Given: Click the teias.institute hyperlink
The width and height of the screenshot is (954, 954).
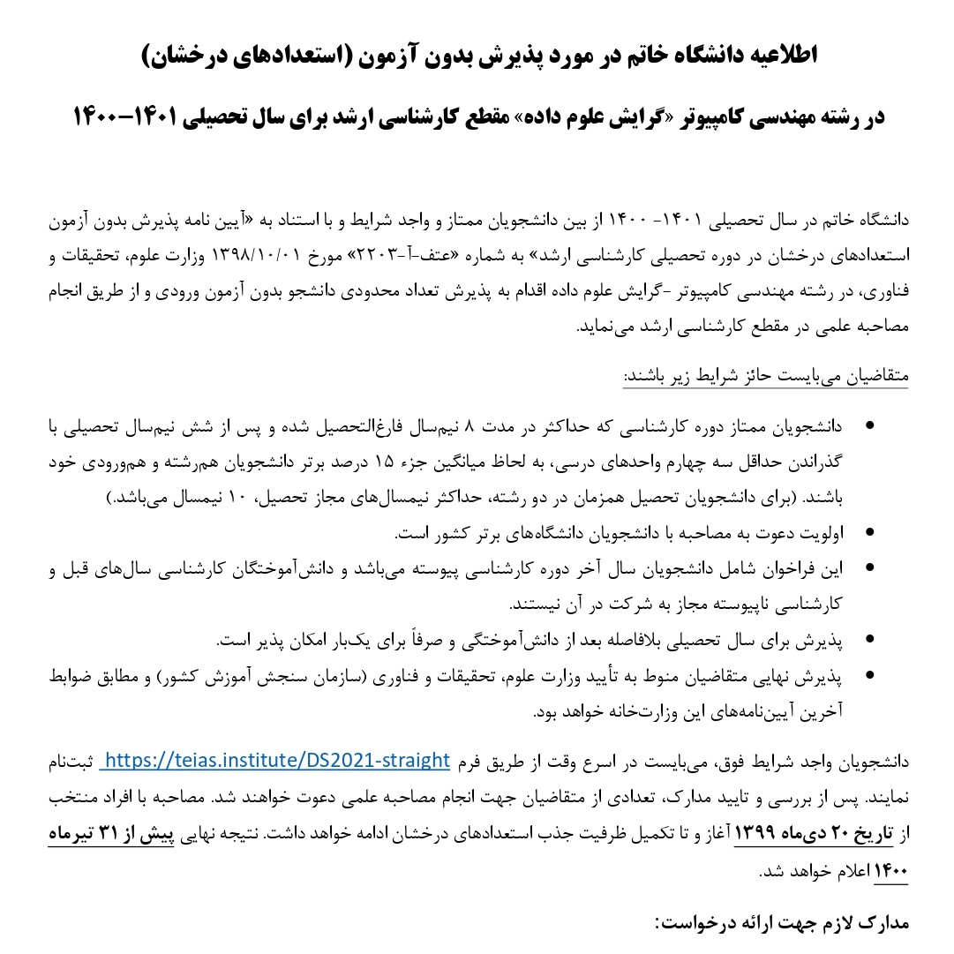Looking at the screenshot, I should coord(275,761).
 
